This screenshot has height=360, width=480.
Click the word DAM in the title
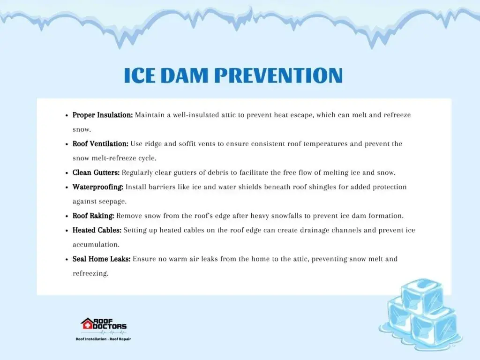pyautogui.click(x=184, y=75)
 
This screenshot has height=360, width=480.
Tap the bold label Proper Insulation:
pyautogui.click(x=103, y=115)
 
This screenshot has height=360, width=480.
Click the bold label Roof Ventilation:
pyautogui.click(x=100, y=144)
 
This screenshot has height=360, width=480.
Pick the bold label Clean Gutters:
pyautogui.click(x=96, y=172)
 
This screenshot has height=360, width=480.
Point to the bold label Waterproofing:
pyautogui.click(x=98, y=187)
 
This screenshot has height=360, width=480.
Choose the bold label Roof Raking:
pyautogui.click(x=93, y=216)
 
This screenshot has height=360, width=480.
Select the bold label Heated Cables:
pyautogui.click(x=97, y=230)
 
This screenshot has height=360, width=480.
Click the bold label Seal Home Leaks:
pyautogui.click(x=101, y=259)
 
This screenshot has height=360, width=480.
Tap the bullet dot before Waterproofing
pyautogui.click(x=67, y=187)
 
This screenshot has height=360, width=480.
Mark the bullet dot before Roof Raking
pyautogui.click(x=67, y=217)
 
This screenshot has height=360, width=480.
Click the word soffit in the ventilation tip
pyautogui.click(x=187, y=144)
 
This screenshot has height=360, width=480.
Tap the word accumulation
pyautogui.click(x=96, y=245)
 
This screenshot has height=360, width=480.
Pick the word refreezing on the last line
pyautogui.click(x=90, y=274)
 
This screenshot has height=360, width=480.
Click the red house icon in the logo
pyautogui.click(x=87, y=323)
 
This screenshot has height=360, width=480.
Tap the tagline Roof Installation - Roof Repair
pyautogui.click(x=103, y=339)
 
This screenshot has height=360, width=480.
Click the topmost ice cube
pyautogui.click(x=422, y=295)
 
